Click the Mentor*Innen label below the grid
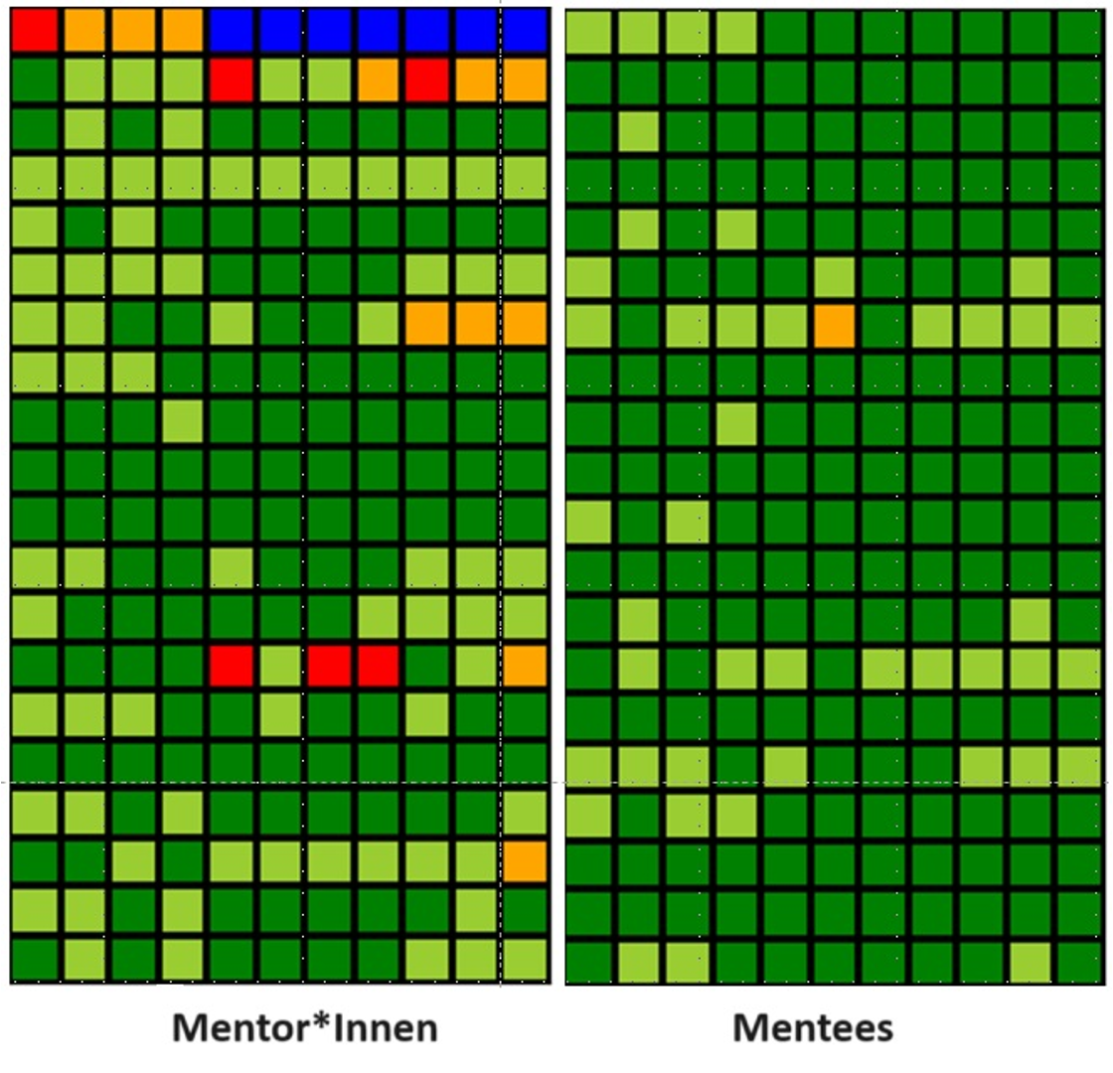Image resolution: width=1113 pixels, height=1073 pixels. click(x=304, y=1027)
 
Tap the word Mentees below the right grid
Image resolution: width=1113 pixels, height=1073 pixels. click(x=813, y=1027)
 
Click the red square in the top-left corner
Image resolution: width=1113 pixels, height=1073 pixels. click(x=35, y=31)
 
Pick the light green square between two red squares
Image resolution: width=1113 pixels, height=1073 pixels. click(x=280, y=666)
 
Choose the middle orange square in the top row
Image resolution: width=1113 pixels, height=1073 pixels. click(x=133, y=31)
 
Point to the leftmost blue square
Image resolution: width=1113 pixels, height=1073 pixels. click(x=231, y=31)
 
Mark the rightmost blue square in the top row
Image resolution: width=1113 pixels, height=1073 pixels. click(x=525, y=31)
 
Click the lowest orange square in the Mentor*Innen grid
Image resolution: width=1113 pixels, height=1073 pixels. click(x=525, y=861)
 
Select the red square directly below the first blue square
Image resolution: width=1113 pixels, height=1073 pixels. click(x=231, y=79)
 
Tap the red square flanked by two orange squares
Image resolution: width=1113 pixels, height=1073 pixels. click(x=427, y=79)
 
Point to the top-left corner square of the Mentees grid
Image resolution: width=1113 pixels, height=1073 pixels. click(x=589, y=33)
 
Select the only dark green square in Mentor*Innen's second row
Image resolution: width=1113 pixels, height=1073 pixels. click(x=35, y=79)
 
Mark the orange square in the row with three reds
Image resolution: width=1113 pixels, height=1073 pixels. click(x=525, y=666)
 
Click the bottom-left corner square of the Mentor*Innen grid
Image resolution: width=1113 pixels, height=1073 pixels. click(x=35, y=960)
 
